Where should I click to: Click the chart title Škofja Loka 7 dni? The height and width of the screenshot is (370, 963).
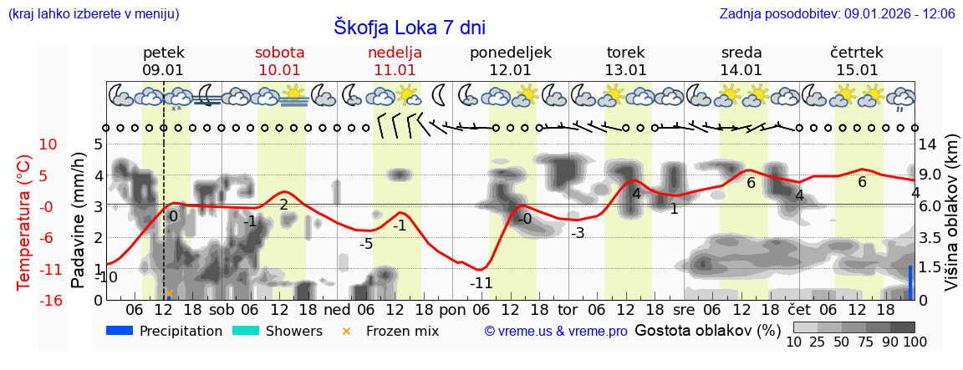pyautogui.click(x=409, y=27)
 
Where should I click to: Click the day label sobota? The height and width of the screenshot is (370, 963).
pyautogui.click(x=279, y=53)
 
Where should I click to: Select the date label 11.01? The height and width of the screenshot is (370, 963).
pyautogui.click(x=395, y=70)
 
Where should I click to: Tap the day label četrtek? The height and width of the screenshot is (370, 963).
pyautogui.click(x=856, y=53)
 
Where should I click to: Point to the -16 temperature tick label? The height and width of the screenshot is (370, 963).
pyautogui.click(x=51, y=301)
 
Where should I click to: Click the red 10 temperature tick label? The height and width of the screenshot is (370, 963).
pyautogui.click(x=49, y=144)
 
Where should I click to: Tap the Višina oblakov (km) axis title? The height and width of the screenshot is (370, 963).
pyautogui.click(x=951, y=221)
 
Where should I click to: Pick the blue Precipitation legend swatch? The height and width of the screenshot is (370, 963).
pyautogui.click(x=120, y=331)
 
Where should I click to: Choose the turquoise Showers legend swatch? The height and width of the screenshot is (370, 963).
pyautogui.click(x=246, y=331)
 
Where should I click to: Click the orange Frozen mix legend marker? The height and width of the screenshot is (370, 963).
pyautogui.click(x=347, y=332)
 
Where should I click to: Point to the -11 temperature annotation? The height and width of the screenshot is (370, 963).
pyautogui.click(x=481, y=283)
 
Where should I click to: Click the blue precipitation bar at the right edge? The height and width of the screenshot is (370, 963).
pyautogui.click(x=911, y=282)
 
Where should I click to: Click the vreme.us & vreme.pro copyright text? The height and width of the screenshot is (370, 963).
pyautogui.click(x=556, y=332)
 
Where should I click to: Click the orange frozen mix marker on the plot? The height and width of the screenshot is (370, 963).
pyautogui.click(x=169, y=293)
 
